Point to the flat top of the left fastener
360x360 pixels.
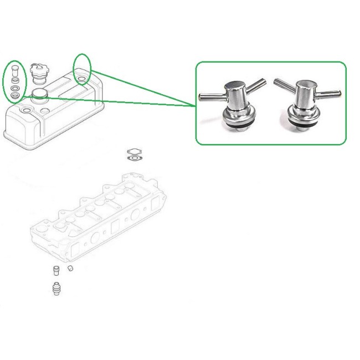click(x=234, y=86)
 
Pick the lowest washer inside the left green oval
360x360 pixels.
click(x=16, y=95)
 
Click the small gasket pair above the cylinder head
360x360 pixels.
click(x=133, y=154)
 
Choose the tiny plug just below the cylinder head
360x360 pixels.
click(x=71, y=269)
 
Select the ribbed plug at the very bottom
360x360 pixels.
click(x=55, y=289)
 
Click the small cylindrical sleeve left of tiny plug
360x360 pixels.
click(x=55, y=271)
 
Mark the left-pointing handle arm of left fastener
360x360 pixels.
click(x=211, y=97)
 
